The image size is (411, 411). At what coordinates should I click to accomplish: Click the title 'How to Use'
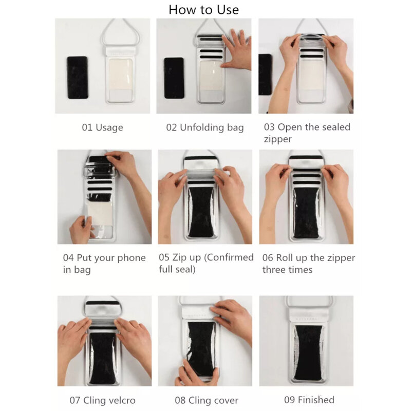pos(203,10)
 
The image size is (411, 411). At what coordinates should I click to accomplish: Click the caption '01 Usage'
pos(102,127)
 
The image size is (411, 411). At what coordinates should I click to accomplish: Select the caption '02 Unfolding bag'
pos(205,127)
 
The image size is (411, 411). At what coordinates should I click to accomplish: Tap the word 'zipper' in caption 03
pos(277,139)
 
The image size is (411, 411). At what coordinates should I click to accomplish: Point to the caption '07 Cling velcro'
pos(102,400)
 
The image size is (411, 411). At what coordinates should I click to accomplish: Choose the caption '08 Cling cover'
pos(207,400)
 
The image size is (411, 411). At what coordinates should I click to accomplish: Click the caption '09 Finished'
pos(309,400)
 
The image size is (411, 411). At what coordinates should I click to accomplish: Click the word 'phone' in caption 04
pos(132,258)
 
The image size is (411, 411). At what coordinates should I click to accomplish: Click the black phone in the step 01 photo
pos(78,78)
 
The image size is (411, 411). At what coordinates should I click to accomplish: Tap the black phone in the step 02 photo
pos(174,78)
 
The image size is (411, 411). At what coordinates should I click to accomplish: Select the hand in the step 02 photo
pos(236,50)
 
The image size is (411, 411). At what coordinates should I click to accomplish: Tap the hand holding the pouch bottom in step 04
pos(82,230)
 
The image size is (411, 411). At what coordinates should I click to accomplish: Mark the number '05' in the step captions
pos(164,257)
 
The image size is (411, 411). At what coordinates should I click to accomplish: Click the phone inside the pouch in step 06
pos(306,213)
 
